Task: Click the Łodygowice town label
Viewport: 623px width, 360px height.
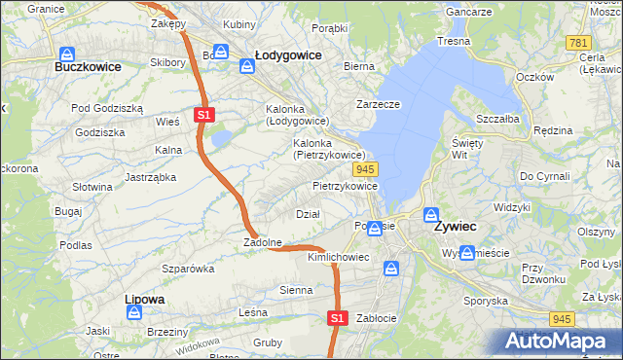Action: [287, 55]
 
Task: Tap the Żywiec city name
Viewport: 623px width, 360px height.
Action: [455, 226]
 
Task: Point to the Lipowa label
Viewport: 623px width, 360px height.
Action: [144, 299]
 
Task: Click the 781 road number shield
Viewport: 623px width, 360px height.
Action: [578, 44]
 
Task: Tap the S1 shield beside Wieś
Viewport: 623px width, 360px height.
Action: [202, 115]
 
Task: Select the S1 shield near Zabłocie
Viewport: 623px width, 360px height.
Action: [337, 317]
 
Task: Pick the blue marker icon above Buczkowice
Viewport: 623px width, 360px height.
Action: [67, 54]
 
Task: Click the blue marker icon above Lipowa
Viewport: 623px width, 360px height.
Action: [134, 312]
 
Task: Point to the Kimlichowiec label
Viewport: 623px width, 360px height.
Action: [338, 257]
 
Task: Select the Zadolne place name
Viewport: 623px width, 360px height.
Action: [263, 242]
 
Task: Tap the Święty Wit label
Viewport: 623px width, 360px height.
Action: [461, 148]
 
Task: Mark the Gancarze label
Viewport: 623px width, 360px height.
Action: [469, 10]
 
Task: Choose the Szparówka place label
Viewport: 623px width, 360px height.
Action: [188, 268]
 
